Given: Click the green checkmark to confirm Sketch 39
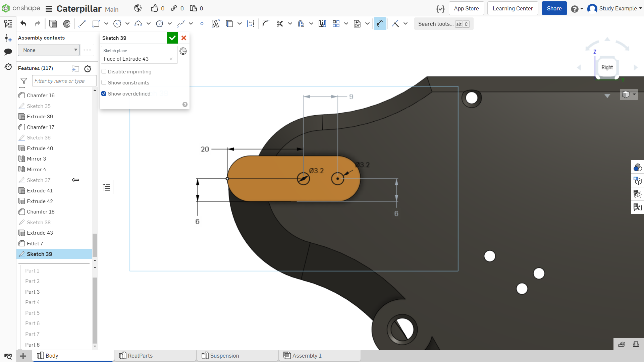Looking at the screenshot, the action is point(172,38).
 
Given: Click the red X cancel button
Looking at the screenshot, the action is point(184,38).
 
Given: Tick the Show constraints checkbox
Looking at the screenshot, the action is point(104,82).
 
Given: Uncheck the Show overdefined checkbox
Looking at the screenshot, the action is point(104,94).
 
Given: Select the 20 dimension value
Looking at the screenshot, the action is point(205,149).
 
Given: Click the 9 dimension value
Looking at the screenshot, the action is point(351,97).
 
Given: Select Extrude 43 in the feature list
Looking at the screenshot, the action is point(40,233).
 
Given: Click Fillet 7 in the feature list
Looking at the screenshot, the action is point(35,243).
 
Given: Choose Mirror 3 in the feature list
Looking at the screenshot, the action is point(36,159).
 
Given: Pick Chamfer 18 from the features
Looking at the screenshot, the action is point(41,212).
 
